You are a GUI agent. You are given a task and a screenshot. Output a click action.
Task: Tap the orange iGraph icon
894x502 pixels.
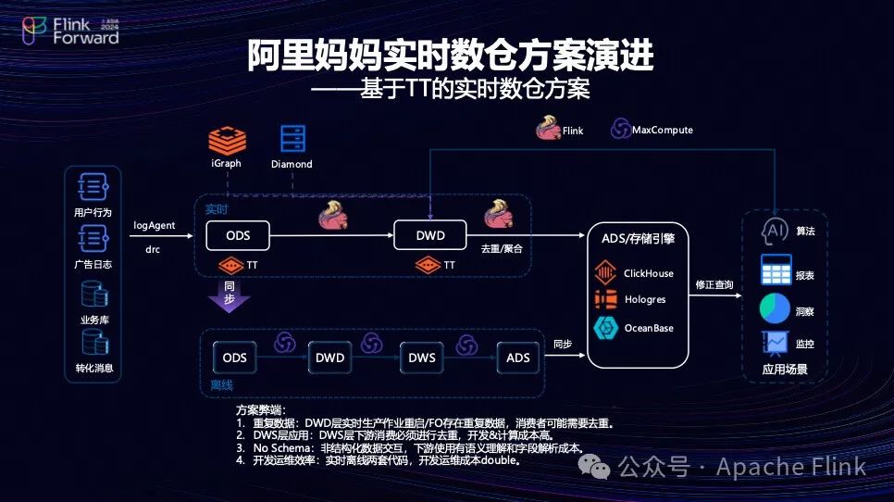tap(226, 142)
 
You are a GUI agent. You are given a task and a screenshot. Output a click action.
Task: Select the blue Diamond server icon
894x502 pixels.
tap(292, 140)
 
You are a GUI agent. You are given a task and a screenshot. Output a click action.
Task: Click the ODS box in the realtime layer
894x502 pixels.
tap(238, 235)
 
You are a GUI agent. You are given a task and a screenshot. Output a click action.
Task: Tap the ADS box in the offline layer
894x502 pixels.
tap(518, 358)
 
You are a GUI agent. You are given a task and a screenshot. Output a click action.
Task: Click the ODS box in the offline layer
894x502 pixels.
tap(235, 358)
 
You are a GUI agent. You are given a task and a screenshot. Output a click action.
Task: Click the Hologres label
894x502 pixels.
tap(644, 300)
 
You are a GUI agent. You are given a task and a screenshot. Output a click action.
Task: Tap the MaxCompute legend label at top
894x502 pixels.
tap(662, 131)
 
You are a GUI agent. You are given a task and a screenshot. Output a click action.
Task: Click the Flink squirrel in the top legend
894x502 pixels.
tap(548, 129)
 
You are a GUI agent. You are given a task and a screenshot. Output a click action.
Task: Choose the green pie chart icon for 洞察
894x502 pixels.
tap(775, 308)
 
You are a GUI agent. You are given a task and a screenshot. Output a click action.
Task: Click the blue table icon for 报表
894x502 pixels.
tap(775, 270)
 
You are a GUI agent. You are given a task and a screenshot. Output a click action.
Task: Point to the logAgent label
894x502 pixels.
tap(155, 225)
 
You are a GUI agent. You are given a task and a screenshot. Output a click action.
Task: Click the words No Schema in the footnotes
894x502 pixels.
tap(279, 447)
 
